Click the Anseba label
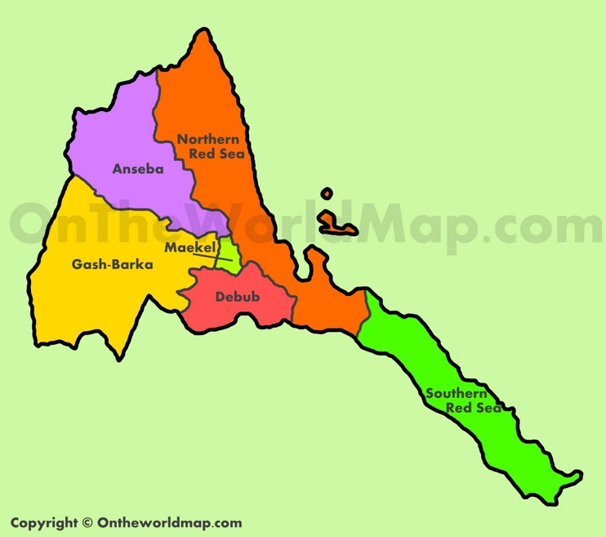click(138, 170)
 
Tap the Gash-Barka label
click(113, 264)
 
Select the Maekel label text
click(189, 247)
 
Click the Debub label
click(237, 297)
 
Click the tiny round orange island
click(327, 195)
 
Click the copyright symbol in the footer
click(87, 523)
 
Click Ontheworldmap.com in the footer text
click(169, 523)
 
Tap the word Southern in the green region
click(457, 393)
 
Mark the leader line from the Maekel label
click(209, 257)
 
